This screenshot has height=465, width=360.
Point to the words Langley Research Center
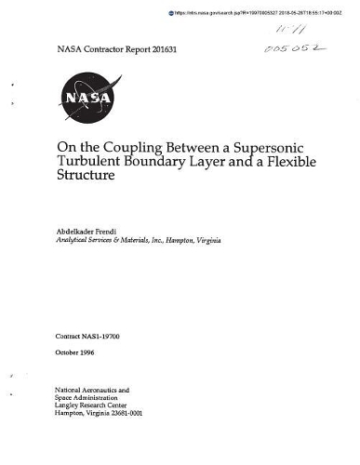click(x=96, y=405)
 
